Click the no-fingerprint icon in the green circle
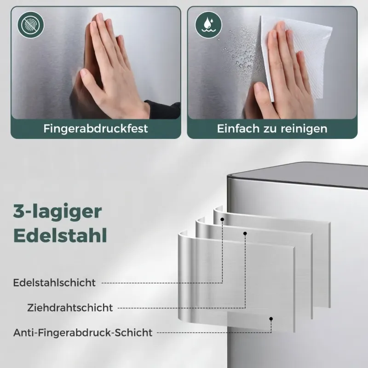tap(30, 25)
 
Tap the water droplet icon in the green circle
tap(208, 25)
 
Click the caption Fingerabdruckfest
tap(96, 129)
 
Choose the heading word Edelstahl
tap(60, 235)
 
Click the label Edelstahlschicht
tap(54, 282)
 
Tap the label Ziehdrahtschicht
tap(70, 308)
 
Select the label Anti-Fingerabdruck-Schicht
tap(83, 333)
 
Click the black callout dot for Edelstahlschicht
tap(222, 219)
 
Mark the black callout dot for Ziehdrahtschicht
tap(245, 233)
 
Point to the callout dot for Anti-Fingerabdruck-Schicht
tap(271, 319)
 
